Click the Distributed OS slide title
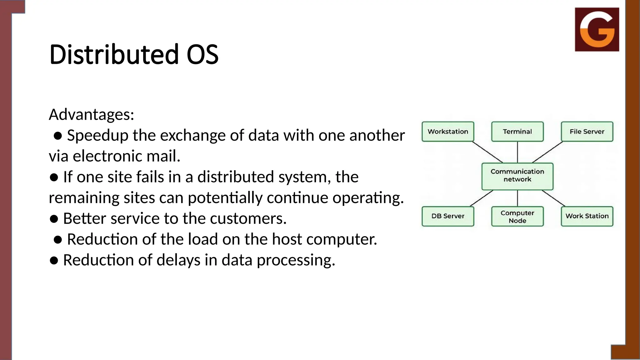[134, 54]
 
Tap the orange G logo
[597, 29]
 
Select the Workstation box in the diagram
[448, 132]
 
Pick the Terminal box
[517, 132]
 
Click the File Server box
[587, 132]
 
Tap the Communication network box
[517, 176]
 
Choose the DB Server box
[448, 216]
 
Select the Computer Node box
[517, 216]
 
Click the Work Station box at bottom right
[587, 216]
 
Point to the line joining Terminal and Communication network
[517, 152]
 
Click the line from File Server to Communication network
[547, 152]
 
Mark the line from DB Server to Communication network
[481, 198]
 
